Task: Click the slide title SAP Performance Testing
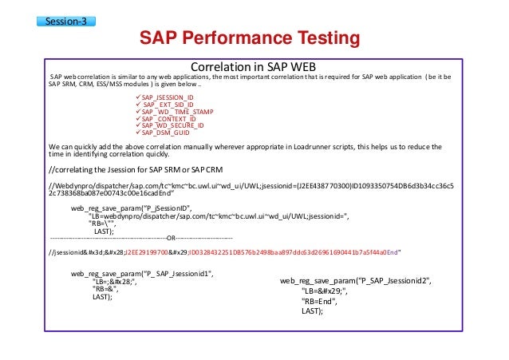pyautogui.click(x=250, y=38)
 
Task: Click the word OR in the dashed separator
pyautogui.click(x=170, y=238)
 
